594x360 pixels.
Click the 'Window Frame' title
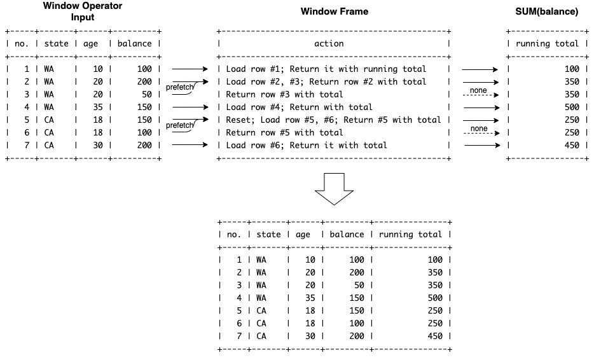(334, 11)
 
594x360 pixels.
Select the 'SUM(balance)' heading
(547, 11)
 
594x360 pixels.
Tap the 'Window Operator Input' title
(83, 11)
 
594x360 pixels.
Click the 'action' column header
(329, 44)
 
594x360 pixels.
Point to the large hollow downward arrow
(334, 189)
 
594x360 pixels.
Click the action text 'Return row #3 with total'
(284, 94)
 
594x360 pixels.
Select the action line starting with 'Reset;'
(333, 120)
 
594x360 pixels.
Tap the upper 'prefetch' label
(180, 87)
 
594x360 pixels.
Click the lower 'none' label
(479, 128)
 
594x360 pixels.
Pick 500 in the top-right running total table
(572, 107)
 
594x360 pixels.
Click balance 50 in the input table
(147, 94)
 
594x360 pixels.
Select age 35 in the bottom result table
(310, 298)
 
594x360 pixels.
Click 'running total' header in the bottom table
(410, 234)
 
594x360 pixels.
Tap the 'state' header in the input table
(56, 44)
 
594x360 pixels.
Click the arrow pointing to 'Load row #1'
(190, 69)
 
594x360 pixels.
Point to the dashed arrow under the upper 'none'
(481, 95)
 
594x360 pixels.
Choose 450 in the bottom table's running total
(435, 336)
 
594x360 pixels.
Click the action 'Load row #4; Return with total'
(300, 107)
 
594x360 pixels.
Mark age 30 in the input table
(98, 145)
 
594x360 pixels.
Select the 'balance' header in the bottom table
(347, 234)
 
